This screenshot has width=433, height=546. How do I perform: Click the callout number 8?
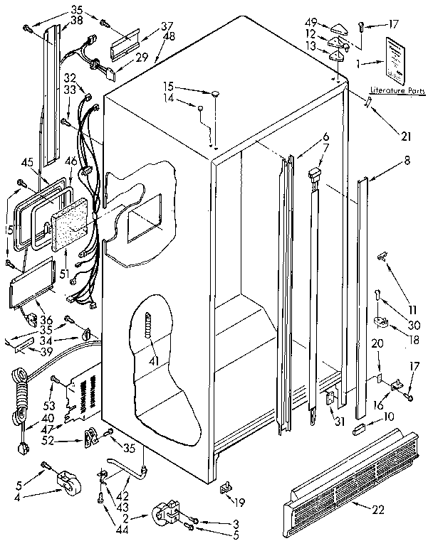(x=407, y=161)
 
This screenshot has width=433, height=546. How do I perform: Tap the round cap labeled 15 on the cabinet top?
(x=214, y=92)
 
